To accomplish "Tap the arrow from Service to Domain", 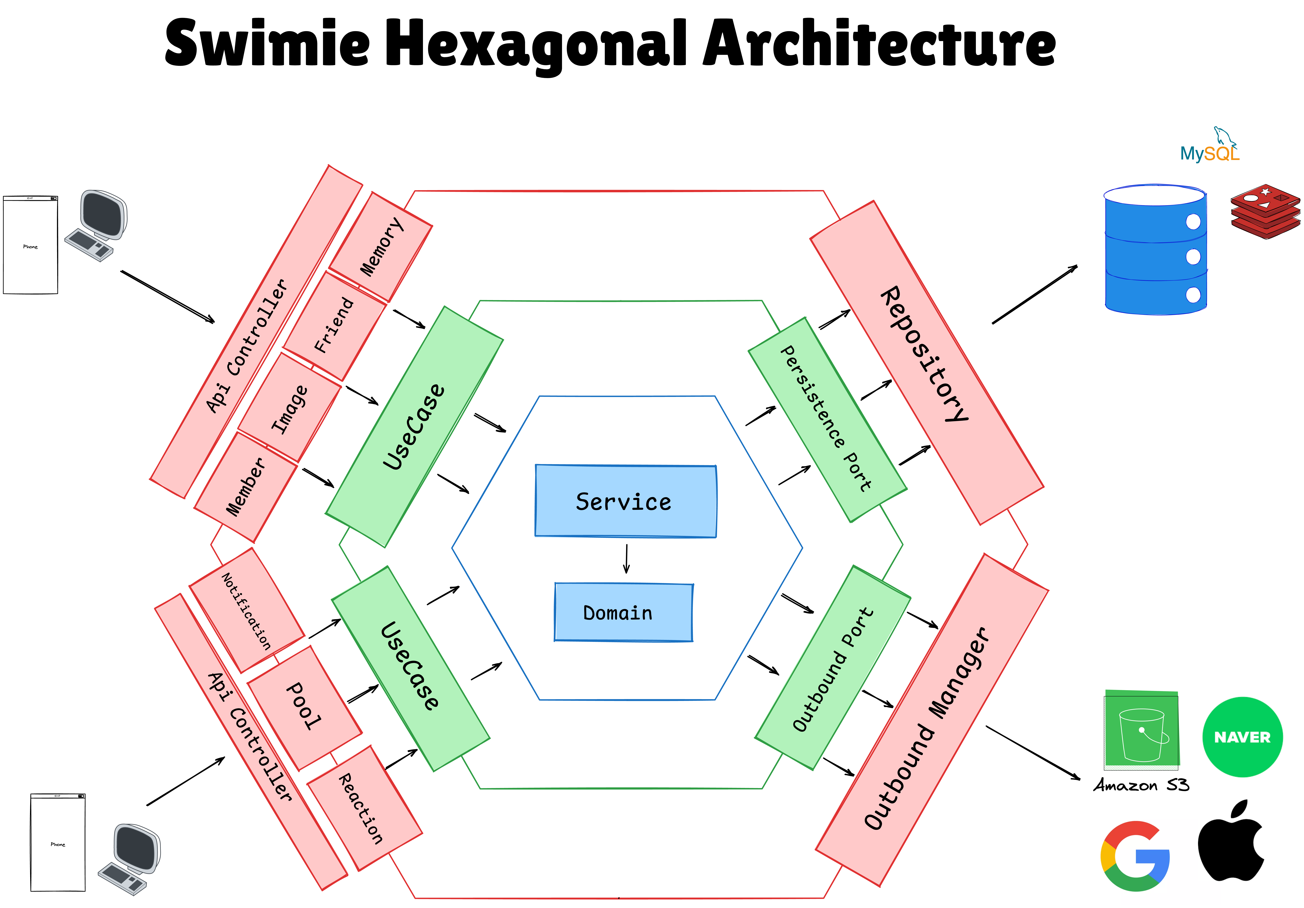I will point(626,559).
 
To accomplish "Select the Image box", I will point(290,408).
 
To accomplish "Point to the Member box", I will point(245,487).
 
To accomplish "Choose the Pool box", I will point(304,707).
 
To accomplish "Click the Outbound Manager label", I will point(927,728).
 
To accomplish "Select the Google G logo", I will point(1134,856).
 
